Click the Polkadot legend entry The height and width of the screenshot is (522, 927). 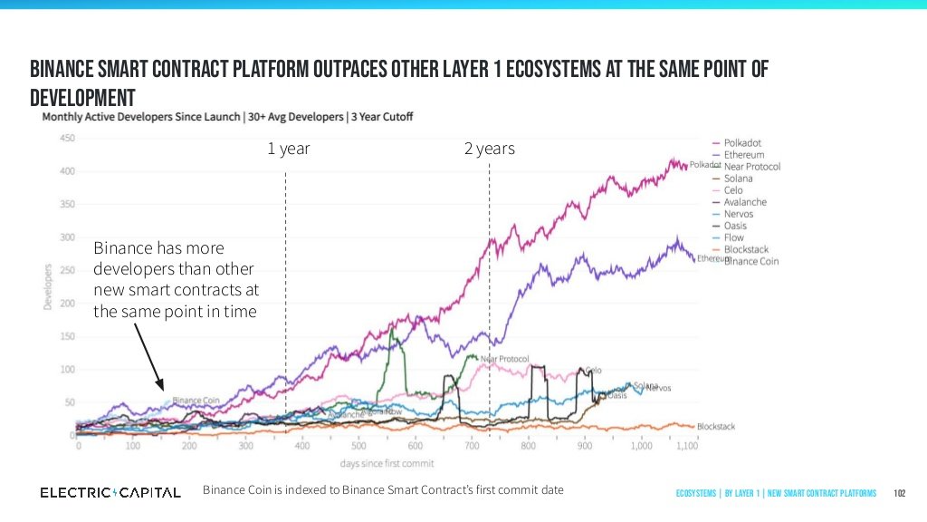coord(741,143)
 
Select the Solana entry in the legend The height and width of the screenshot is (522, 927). coord(738,179)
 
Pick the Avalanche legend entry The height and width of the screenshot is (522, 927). coord(744,202)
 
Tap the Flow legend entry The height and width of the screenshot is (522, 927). coord(733,237)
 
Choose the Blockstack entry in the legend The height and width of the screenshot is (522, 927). coord(746,249)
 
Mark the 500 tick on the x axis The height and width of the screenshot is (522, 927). coord(358,446)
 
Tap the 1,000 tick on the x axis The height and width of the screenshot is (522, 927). coord(641,446)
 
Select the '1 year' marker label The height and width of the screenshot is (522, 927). coord(288,150)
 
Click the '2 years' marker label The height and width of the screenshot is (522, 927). coord(489,150)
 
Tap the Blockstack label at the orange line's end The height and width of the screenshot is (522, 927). coord(716,426)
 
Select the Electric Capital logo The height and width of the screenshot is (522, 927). coord(110,492)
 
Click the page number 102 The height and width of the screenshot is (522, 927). coord(900,493)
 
